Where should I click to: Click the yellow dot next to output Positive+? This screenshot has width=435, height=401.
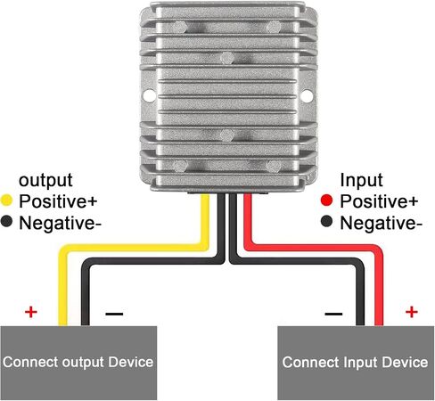coord(6,200)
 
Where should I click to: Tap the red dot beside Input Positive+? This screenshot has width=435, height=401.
coord(326,200)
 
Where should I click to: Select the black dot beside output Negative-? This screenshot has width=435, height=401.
coord(6,222)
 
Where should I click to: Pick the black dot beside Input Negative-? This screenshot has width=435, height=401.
coord(326,222)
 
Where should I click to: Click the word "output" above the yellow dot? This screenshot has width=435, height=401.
coord(45,180)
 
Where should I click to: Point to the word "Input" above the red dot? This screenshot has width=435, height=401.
coord(361,180)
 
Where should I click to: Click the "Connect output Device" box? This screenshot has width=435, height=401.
coord(78,363)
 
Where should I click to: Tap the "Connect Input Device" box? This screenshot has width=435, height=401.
coord(356,363)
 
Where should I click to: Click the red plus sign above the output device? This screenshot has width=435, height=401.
coord(31,312)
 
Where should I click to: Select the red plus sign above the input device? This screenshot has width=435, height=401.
coord(412,312)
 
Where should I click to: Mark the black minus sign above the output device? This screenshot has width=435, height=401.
coord(114,314)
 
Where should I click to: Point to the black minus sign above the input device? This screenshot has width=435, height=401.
coord(333,314)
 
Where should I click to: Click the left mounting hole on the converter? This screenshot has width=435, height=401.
coord(149,96)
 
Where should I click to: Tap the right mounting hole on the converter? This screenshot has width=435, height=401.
coord(307,96)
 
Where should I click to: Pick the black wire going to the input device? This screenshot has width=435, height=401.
coord(297,261)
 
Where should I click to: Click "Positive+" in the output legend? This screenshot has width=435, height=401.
coord(58,201)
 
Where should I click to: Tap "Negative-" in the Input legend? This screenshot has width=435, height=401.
coord(381,223)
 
